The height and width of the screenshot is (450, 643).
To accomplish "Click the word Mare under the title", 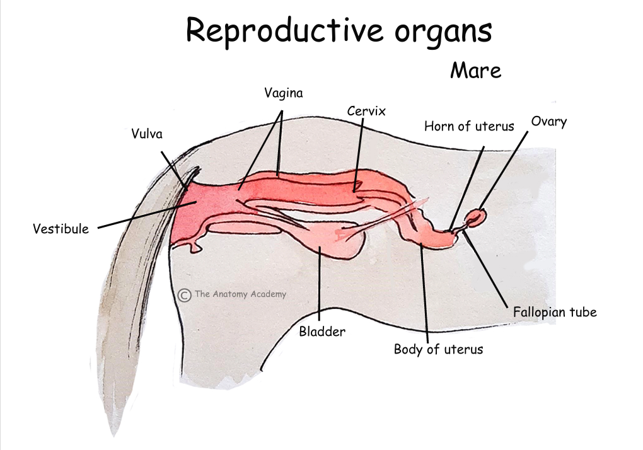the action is tap(475, 70).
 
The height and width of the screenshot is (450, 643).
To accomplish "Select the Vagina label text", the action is tap(283, 93).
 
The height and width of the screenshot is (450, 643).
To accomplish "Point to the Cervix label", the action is tap(366, 112).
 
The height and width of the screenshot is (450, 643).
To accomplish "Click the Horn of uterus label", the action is tap(468, 126).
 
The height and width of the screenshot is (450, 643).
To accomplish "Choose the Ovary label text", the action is tap(548, 121).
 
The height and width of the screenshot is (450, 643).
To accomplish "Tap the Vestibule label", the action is tap(61, 229).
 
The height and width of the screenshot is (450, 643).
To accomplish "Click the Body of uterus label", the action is tap(438, 349).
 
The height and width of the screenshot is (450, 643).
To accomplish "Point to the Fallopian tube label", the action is tap(554, 312).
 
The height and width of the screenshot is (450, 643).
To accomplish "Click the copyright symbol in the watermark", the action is tap(184, 294).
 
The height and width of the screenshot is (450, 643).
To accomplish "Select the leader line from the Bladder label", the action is tap(320, 284).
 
